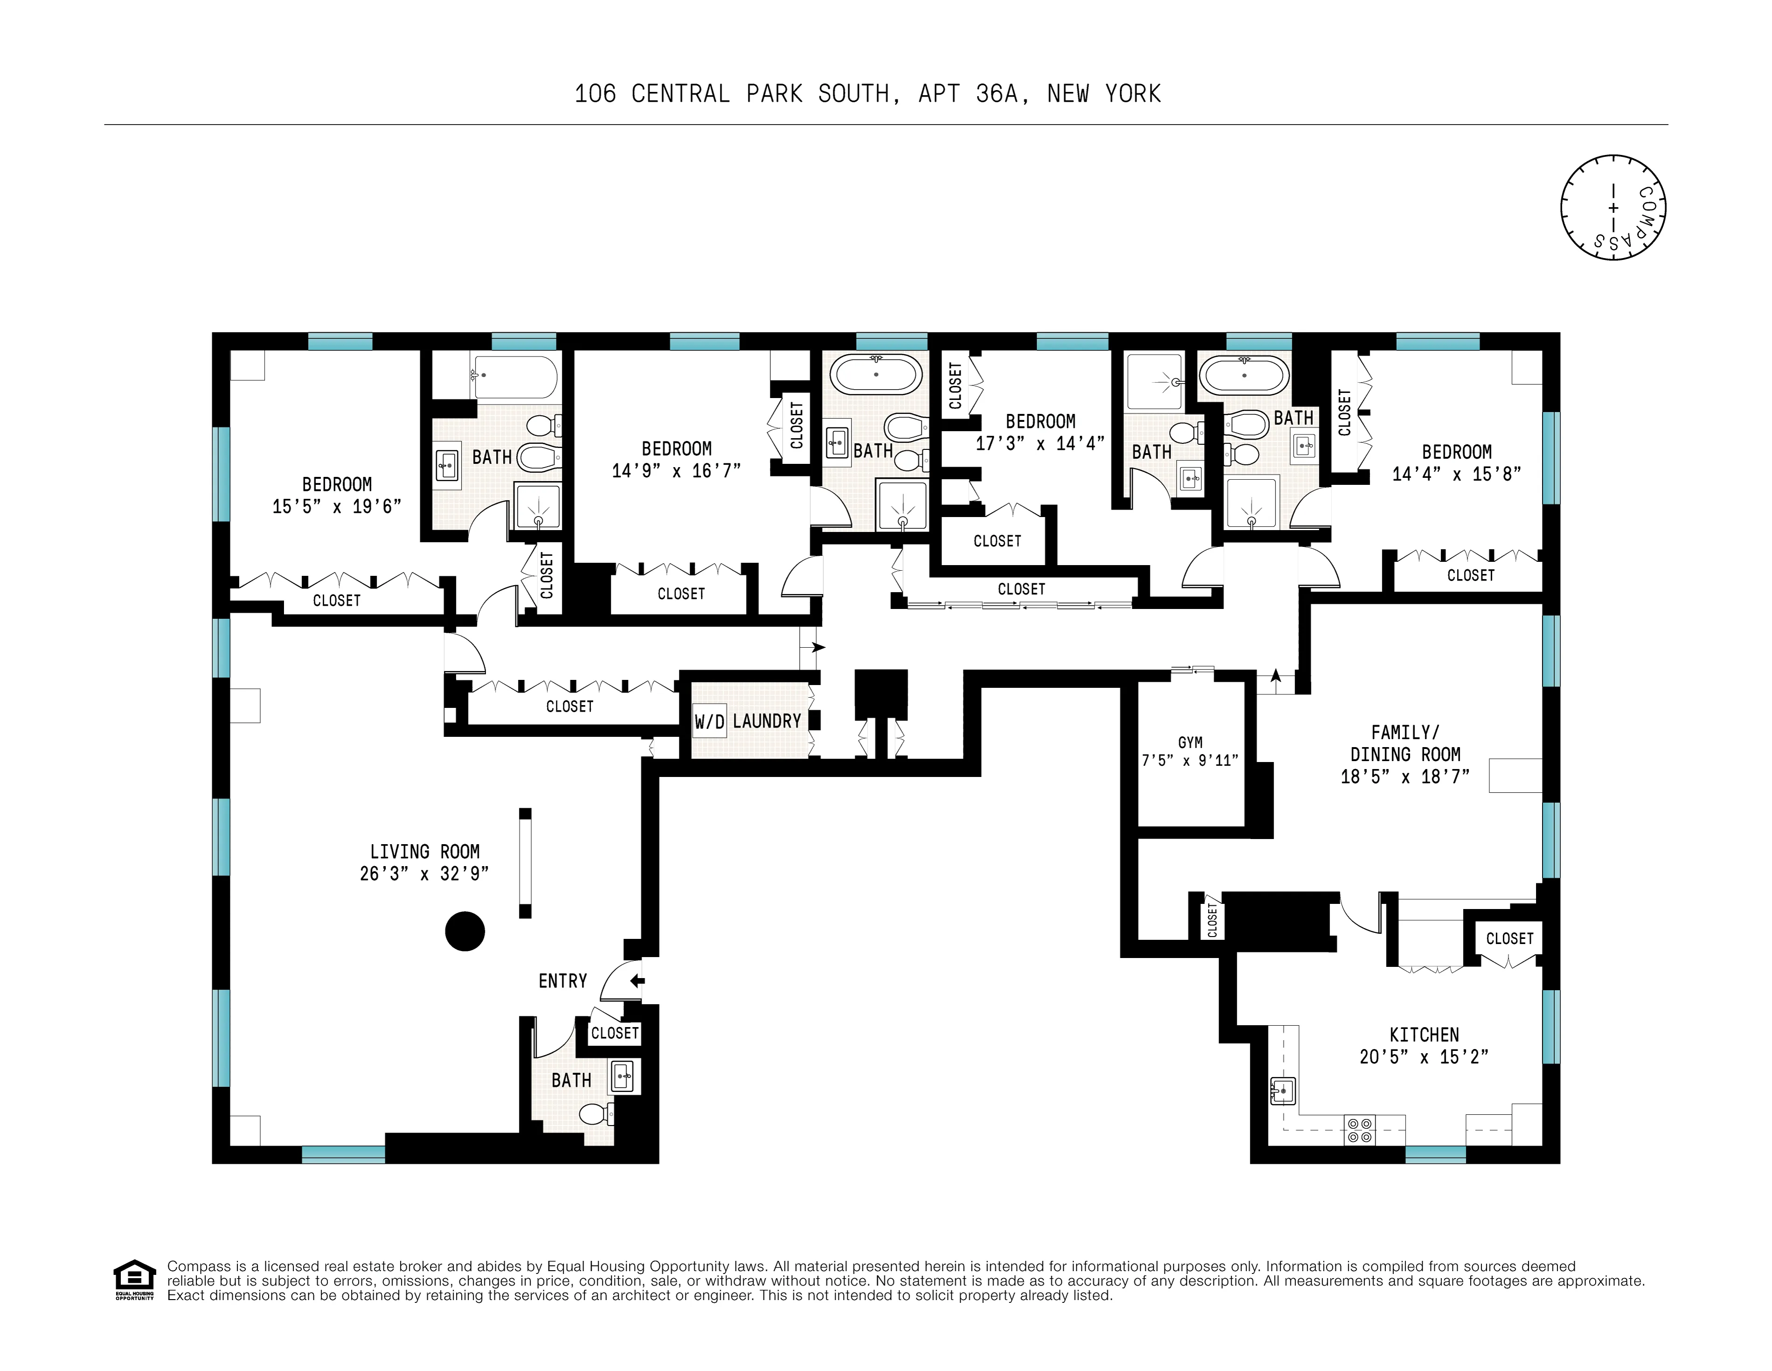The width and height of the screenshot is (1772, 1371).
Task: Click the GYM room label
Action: [1190, 743]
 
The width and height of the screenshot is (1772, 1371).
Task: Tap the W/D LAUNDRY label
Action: [747, 721]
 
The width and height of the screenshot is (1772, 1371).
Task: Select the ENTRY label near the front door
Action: [562, 981]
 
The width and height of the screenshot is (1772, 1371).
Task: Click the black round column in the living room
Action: [465, 931]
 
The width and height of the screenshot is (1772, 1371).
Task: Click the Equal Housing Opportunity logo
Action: [134, 1279]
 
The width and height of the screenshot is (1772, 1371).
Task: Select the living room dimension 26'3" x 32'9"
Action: [424, 874]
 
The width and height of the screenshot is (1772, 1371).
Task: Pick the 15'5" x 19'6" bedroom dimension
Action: [337, 506]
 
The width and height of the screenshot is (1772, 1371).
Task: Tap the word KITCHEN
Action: [1424, 1035]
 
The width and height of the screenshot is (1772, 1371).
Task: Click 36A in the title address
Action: [997, 94]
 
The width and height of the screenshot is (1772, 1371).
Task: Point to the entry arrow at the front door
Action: [637, 981]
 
